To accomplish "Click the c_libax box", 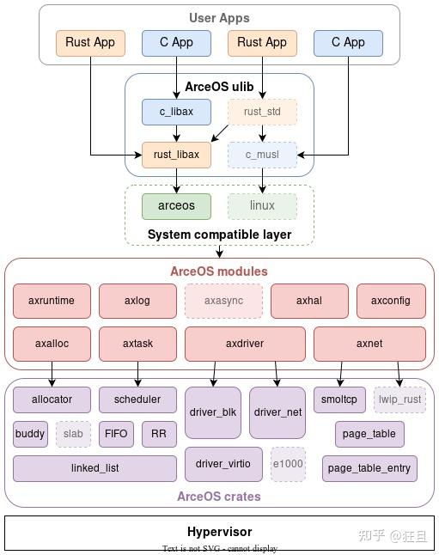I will [x=176, y=112].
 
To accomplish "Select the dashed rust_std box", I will [x=262, y=112].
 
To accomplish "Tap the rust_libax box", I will [x=176, y=155].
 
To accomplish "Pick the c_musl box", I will [x=262, y=155].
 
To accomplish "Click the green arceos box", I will [x=176, y=205].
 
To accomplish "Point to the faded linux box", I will [x=262, y=205].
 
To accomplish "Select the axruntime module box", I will [x=52, y=301].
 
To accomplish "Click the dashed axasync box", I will [x=223, y=301].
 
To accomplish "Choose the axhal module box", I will [x=309, y=301].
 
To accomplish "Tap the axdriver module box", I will [x=245, y=344].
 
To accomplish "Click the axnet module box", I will [x=369, y=344].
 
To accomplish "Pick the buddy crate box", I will [x=30, y=434].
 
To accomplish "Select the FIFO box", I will [x=116, y=434].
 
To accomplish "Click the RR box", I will [x=159, y=434].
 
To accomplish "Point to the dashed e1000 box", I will [x=288, y=464].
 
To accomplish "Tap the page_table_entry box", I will [x=369, y=468].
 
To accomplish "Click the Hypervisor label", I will [x=219, y=532].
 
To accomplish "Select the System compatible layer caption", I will [x=219, y=235].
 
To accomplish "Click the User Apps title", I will [x=219, y=18].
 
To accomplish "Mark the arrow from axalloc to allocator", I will [x=52, y=374].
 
